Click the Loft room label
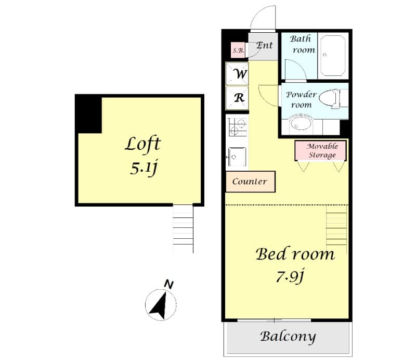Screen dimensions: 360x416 (x=142, y=144)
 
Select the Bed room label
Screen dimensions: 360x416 (x=294, y=254)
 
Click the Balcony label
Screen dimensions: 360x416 (x=288, y=336)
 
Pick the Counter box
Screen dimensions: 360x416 (x=250, y=182)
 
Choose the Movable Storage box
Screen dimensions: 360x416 (x=320, y=151)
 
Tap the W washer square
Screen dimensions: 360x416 (x=237, y=74)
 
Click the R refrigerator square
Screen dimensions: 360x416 (x=237, y=97)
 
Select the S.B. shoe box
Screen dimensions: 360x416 (x=238, y=50)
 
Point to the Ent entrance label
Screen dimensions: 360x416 (x=264, y=46)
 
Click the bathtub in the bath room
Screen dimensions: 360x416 (x=333, y=55)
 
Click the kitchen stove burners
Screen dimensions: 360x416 (x=237, y=127)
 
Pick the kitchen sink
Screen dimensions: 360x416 (x=237, y=156)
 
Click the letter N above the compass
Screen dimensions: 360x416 (x=168, y=284)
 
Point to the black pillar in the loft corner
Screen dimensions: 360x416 (x=88, y=113)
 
